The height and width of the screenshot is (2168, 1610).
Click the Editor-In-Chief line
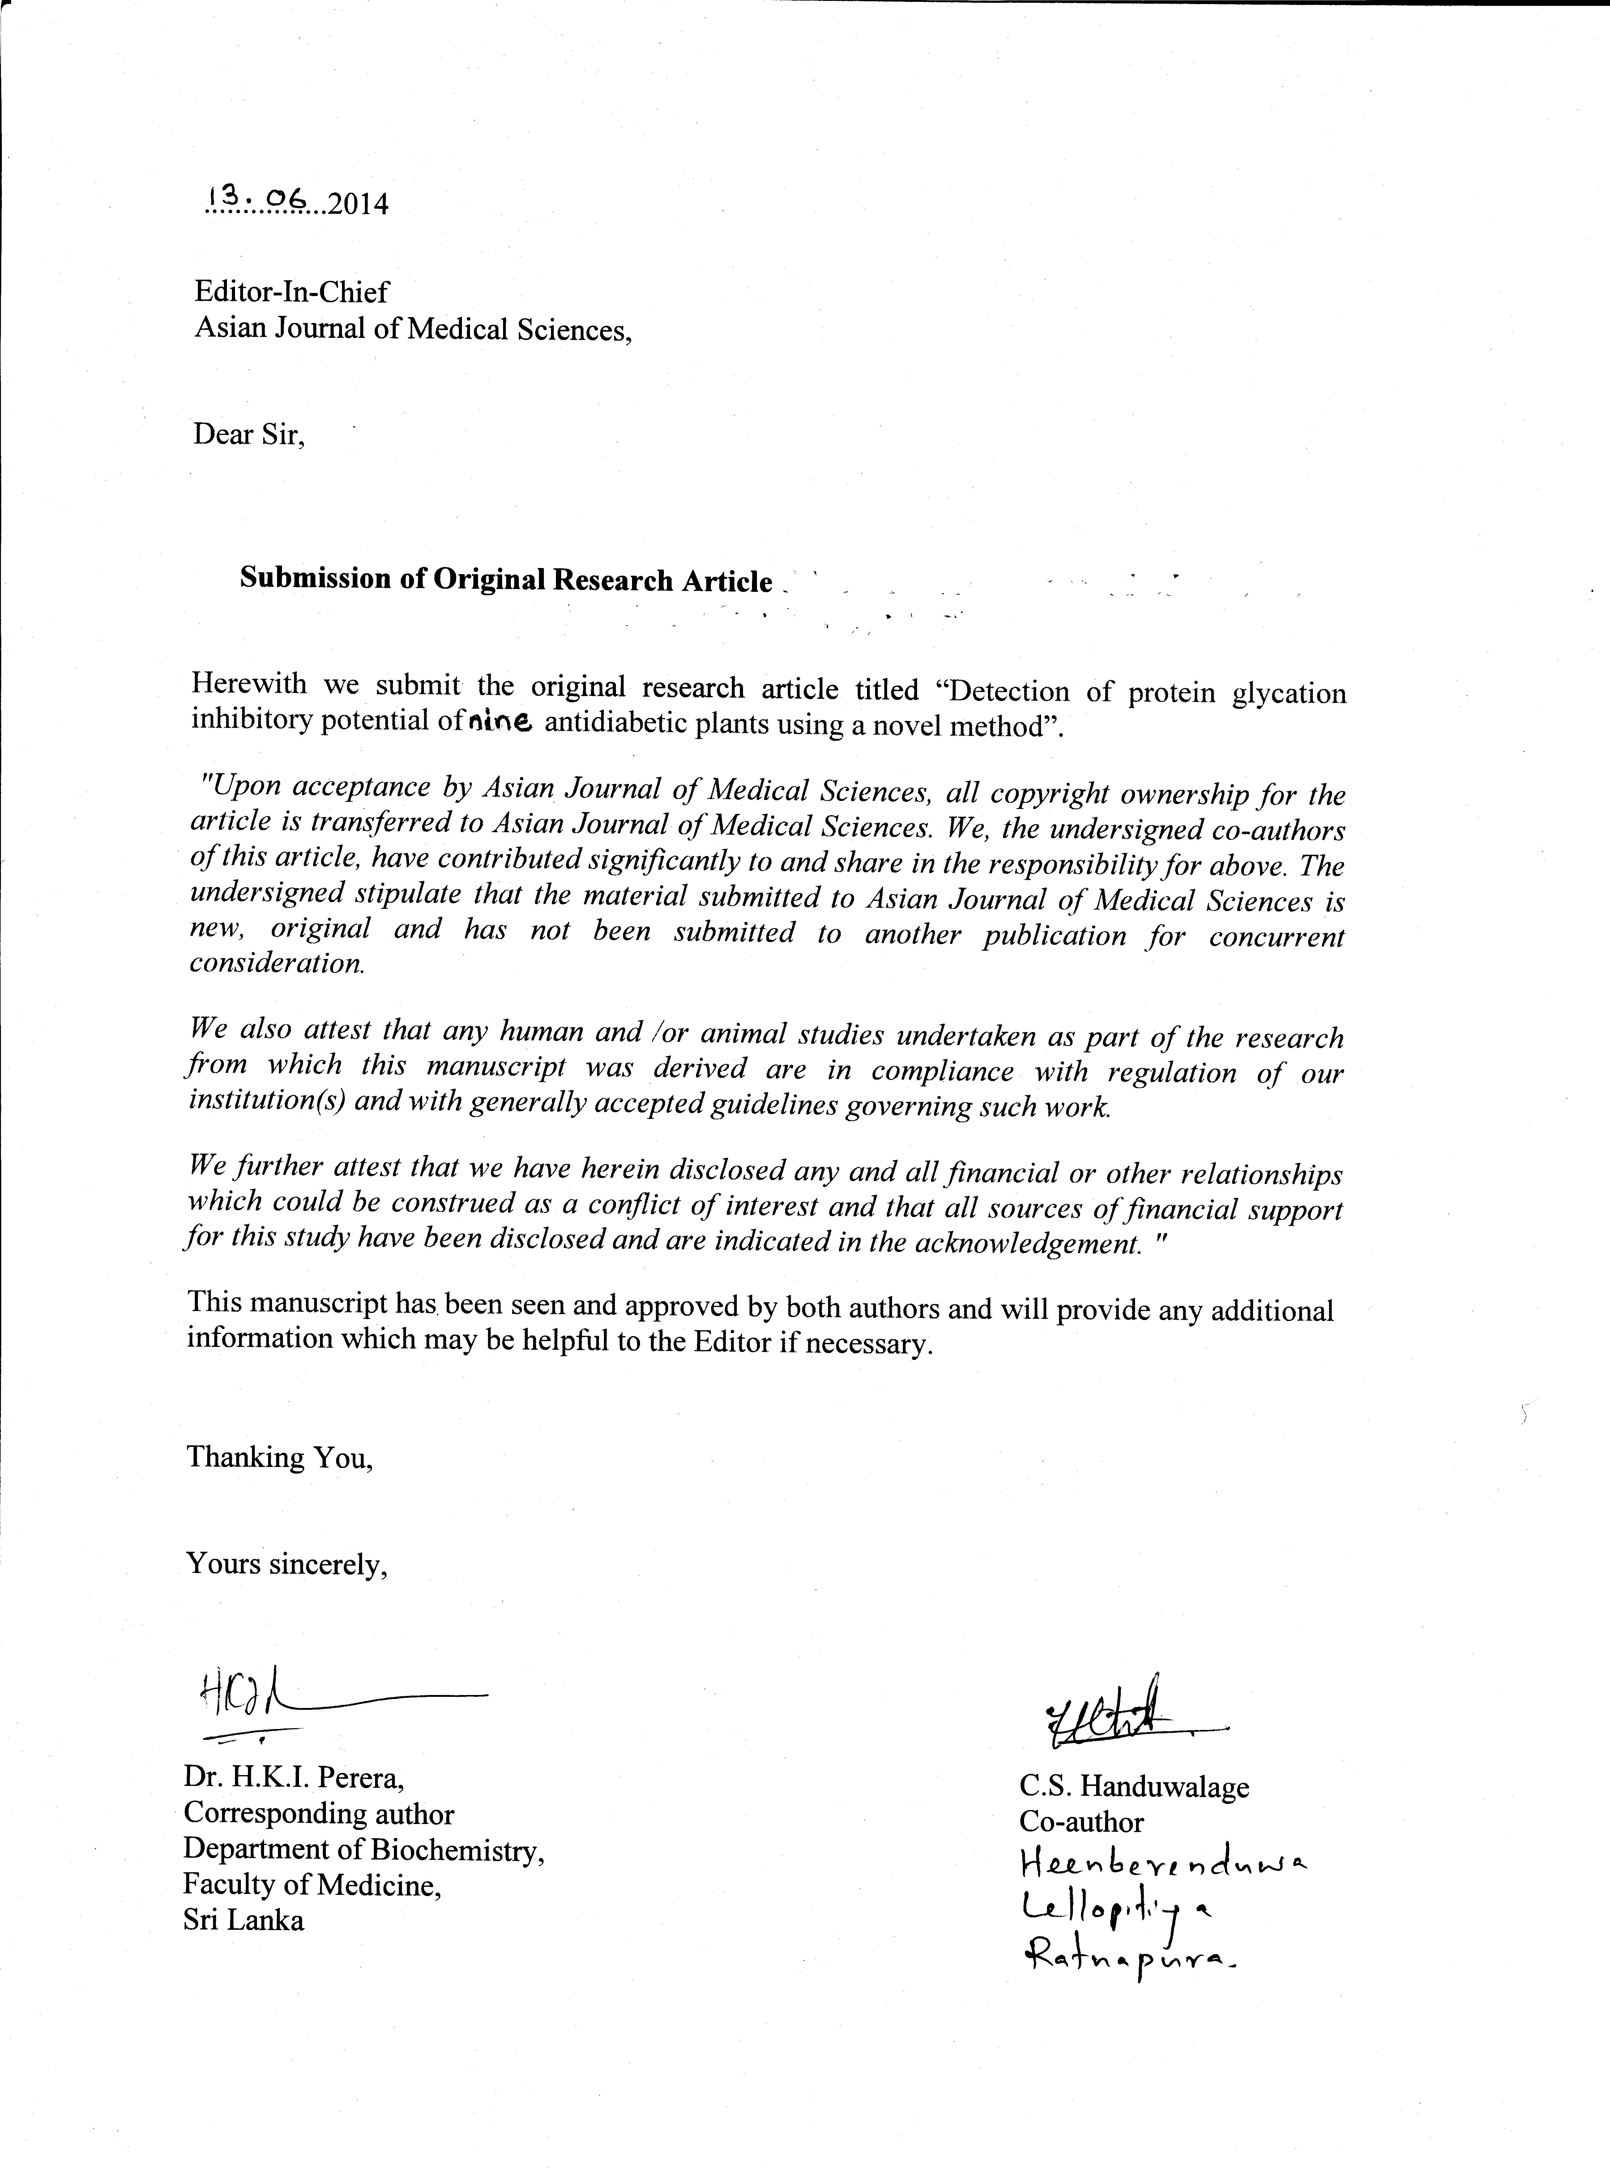point(291,291)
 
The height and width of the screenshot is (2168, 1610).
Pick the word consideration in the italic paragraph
point(277,963)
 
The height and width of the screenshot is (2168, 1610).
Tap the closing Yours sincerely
point(287,1564)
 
